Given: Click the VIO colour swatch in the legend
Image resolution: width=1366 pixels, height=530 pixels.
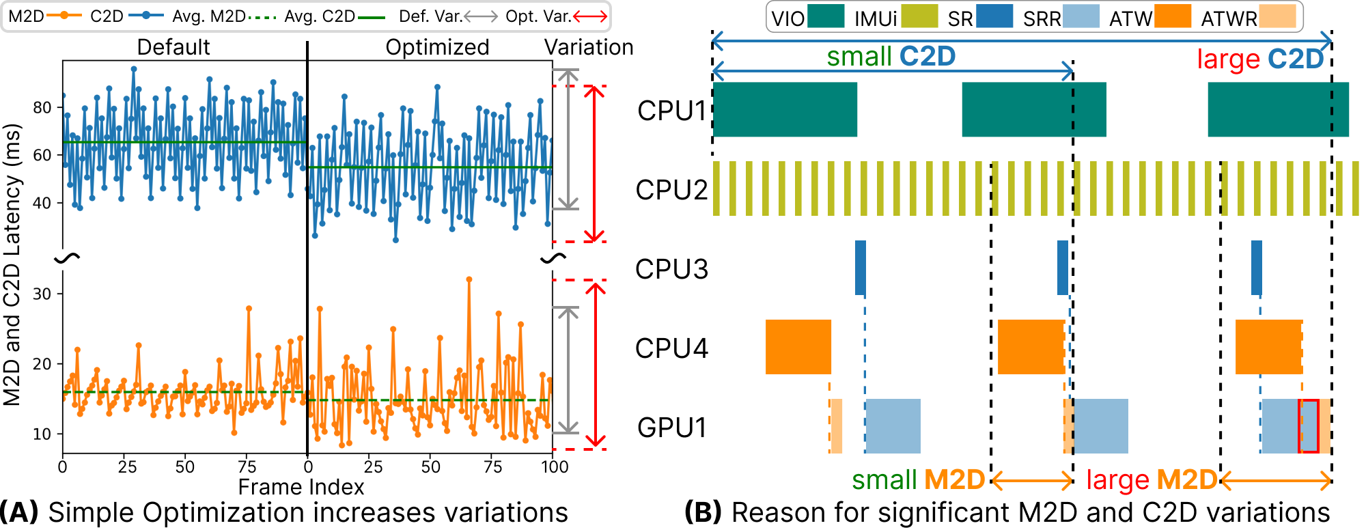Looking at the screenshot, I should (x=825, y=16).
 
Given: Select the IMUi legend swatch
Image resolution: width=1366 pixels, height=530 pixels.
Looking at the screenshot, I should (x=919, y=16).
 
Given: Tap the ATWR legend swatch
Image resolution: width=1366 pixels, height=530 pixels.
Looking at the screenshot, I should (x=1277, y=16).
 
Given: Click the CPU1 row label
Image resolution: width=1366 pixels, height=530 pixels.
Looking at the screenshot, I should (x=671, y=111).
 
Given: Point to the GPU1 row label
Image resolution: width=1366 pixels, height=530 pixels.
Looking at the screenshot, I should (x=671, y=428).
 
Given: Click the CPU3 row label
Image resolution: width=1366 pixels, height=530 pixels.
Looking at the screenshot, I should (x=671, y=269).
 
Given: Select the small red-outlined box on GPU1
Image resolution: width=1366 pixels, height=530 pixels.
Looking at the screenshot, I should (x=1309, y=426).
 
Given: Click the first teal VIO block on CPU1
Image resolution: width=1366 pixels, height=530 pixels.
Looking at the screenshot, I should (x=785, y=109).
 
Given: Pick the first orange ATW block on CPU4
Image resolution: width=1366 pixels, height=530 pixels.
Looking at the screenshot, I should (x=798, y=347).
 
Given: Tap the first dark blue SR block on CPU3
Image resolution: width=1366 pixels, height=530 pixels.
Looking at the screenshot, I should (x=861, y=268).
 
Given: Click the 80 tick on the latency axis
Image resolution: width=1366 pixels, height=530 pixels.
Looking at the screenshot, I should (x=42, y=108).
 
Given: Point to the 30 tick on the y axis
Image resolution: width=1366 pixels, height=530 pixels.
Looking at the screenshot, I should (x=42, y=294).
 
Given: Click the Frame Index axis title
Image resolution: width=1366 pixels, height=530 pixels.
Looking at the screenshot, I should (x=301, y=487).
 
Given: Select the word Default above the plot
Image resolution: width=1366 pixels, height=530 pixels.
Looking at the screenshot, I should (x=173, y=47).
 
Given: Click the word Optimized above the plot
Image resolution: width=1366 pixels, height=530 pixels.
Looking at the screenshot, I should (x=437, y=47).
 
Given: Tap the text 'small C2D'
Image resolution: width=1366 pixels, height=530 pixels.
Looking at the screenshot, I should (x=891, y=57).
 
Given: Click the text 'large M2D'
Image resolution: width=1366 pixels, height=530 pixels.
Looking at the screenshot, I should (x=1152, y=480).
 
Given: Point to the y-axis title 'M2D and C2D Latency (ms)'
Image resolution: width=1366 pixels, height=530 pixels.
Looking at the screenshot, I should (x=12, y=265).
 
